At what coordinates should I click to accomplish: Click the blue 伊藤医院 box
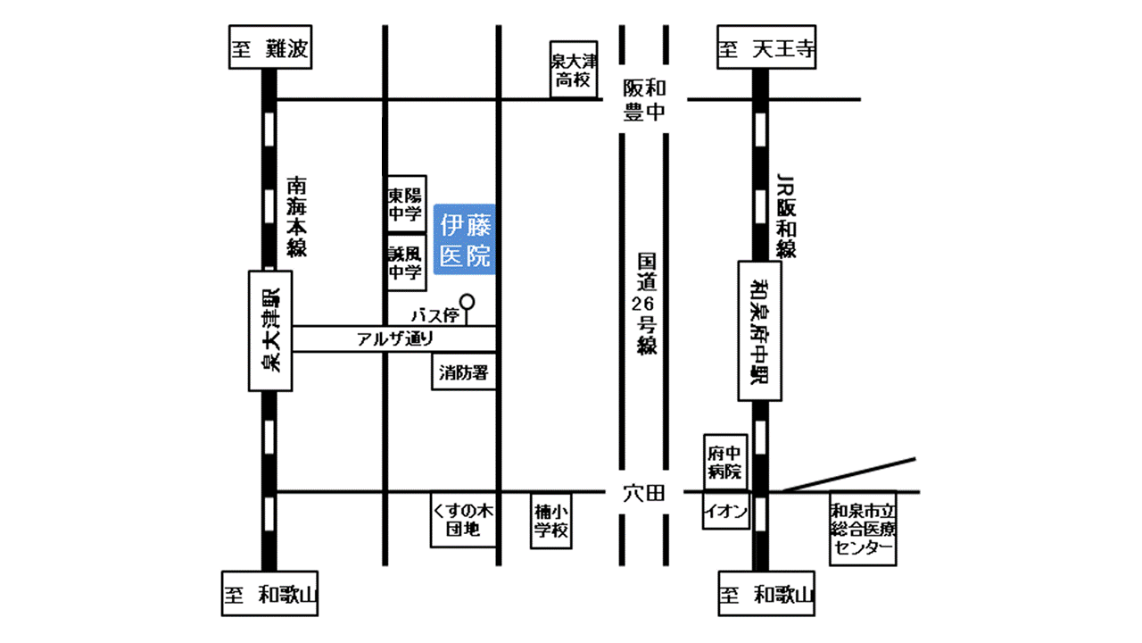(465, 239)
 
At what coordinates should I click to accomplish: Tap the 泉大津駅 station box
(270, 331)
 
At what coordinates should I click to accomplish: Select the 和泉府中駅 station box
(759, 331)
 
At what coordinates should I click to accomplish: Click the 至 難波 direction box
(270, 47)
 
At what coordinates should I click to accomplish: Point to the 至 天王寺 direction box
(766, 47)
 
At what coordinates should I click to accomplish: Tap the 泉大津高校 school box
(574, 70)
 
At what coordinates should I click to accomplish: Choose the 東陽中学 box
(406, 205)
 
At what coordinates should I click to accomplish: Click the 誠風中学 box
(406, 263)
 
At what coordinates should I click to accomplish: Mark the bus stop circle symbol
(467, 302)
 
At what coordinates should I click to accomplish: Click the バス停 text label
(434, 316)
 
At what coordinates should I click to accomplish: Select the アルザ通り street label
(395, 338)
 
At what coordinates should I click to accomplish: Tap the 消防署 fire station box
(464, 372)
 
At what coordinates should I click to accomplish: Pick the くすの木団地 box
(463, 520)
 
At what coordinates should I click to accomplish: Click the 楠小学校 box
(551, 521)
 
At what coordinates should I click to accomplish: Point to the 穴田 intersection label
(644, 494)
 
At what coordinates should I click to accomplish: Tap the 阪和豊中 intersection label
(644, 100)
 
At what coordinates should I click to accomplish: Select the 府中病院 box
(725, 463)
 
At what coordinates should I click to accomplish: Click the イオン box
(726, 510)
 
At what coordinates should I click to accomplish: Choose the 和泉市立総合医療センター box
(863, 529)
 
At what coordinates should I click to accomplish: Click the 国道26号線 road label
(646, 305)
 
